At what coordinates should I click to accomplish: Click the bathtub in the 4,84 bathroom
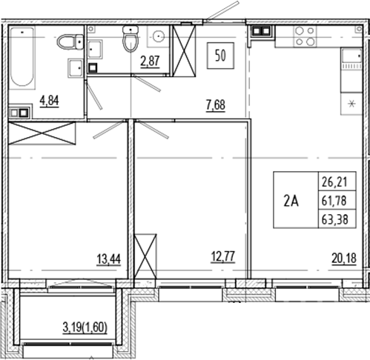click(22, 56)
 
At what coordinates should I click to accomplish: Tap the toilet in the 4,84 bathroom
click(70, 41)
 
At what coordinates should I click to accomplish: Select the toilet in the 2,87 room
click(131, 40)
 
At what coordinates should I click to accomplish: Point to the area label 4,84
click(50, 100)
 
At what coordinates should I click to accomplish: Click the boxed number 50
click(220, 56)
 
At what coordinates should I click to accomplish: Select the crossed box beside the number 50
click(183, 50)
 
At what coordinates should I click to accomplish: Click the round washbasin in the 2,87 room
click(158, 36)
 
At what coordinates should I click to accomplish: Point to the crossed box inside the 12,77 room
click(145, 255)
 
